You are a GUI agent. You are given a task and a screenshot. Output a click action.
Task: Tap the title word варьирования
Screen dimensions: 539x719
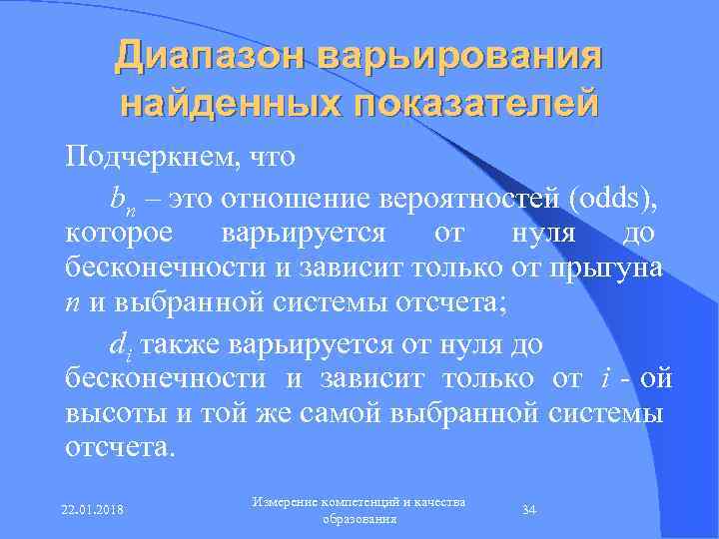click(461, 56)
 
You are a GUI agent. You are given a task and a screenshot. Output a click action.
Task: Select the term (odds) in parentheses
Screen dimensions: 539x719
click(614, 198)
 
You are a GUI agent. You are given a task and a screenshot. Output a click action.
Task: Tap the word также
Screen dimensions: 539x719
click(181, 344)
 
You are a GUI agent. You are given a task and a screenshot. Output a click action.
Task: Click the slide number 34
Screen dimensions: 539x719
click(530, 510)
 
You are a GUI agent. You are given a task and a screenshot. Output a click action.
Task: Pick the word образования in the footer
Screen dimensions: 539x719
click(360, 519)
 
